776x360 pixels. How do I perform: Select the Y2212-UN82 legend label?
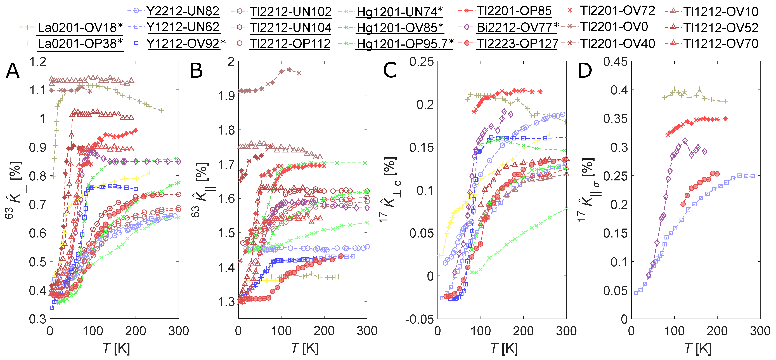[183, 11]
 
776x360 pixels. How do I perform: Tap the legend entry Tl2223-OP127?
[517, 44]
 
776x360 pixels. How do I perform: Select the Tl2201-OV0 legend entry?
[614, 27]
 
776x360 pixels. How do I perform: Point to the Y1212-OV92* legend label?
[186, 44]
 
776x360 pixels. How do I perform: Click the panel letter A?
[13, 71]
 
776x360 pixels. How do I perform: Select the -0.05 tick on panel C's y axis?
[419, 319]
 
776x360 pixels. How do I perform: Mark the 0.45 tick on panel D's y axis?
[615, 62]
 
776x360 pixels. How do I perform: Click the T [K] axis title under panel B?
[305, 349]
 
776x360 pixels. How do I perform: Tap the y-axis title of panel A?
[14, 190]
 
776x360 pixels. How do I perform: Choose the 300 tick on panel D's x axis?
[760, 331]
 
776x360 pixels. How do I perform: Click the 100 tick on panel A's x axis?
[93, 331]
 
